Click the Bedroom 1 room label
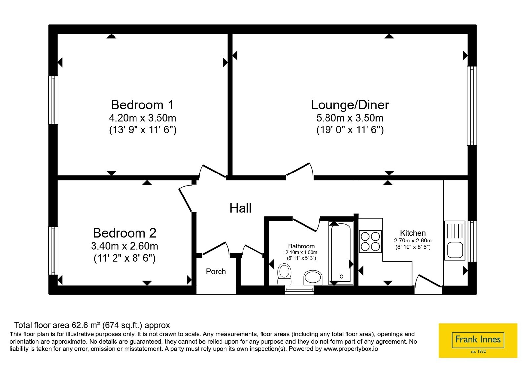142,105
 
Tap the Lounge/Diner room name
350,105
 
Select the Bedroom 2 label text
124,233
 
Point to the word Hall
241,208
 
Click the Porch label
216,271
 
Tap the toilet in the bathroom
284,274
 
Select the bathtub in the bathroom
341,253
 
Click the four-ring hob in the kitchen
370,241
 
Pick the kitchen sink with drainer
455,241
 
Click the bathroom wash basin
313,278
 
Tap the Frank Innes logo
478,340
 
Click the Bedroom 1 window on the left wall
53,100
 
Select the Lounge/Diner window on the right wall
472,106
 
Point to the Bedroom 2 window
53,251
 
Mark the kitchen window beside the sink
472,241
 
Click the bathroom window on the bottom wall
299,290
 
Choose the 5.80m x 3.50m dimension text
350,118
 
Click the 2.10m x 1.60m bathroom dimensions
302,253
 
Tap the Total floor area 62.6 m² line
92,325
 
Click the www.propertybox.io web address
351,349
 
